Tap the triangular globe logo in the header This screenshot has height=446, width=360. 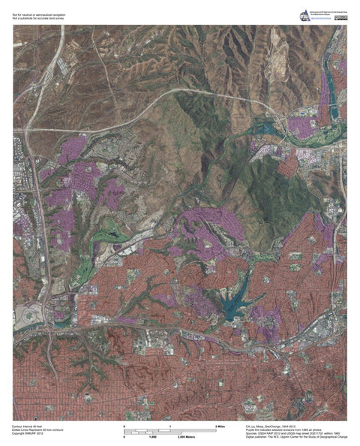pos(304,14)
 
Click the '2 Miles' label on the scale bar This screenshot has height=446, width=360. pos(220,426)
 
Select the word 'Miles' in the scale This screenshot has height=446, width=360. pos(222,426)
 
